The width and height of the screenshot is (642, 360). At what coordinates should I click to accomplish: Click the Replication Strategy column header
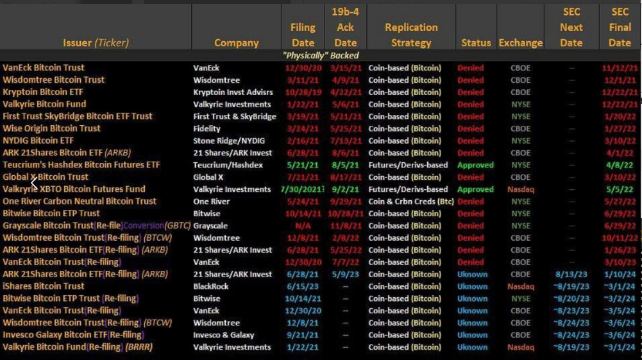[x=411, y=35]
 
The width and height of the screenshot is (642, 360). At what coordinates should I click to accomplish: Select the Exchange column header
[x=520, y=43]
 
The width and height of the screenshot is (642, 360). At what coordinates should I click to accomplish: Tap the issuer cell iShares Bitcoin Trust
[x=44, y=286]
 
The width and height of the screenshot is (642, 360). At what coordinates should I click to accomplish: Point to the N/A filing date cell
[x=303, y=226]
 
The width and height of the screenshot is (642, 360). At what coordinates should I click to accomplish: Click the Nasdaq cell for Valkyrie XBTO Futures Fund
[x=520, y=189]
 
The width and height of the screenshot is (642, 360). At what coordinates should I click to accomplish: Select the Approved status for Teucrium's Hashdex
[x=475, y=165]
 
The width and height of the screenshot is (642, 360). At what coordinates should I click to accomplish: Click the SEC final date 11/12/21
[x=620, y=68]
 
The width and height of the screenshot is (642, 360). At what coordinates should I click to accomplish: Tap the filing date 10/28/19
[x=303, y=92]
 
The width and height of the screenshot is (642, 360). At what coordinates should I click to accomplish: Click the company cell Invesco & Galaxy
[x=224, y=335]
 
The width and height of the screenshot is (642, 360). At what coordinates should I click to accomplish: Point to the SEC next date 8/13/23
[x=571, y=274]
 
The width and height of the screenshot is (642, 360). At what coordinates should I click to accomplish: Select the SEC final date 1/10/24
[x=620, y=274]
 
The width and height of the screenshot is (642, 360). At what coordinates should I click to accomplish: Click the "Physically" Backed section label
[x=321, y=56]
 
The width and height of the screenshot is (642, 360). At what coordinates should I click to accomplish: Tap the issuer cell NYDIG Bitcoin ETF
[x=38, y=141]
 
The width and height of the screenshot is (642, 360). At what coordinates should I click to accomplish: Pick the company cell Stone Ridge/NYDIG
[x=229, y=141]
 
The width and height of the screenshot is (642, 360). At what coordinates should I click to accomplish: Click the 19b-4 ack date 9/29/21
[x=345, y=201]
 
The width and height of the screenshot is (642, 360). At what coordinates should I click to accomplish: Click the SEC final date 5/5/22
[x=620, y=189]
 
